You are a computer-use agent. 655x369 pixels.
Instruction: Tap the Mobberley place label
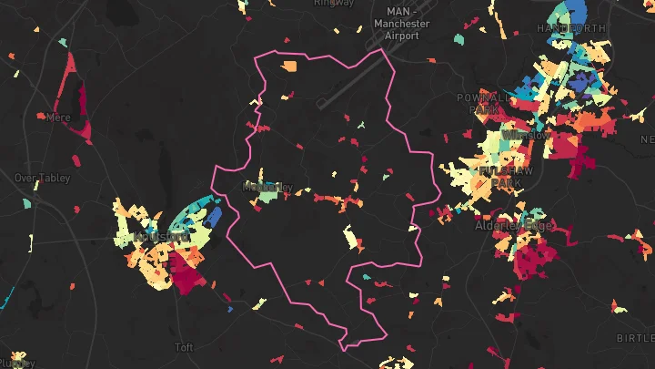tap(268, 187)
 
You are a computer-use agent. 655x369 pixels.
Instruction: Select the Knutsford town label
tap(160, 237)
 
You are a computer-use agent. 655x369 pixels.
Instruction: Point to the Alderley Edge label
tap(515, 225)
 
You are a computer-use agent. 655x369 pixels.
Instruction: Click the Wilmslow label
tap(526, 135)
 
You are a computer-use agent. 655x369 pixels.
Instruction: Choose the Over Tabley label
tap(42, 179)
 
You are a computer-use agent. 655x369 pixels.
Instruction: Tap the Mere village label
tap(59, 118)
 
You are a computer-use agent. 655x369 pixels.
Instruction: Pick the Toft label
tap(184, 347)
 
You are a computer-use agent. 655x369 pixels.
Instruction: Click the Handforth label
tap(570, 28)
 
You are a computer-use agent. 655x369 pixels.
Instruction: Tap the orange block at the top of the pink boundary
tap(289, 67)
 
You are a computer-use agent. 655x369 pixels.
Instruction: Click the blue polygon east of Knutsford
tap(215, 217)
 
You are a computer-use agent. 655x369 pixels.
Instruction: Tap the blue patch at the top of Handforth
tap(577, 12)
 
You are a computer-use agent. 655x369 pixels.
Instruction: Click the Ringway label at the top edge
tap(334, 3)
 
